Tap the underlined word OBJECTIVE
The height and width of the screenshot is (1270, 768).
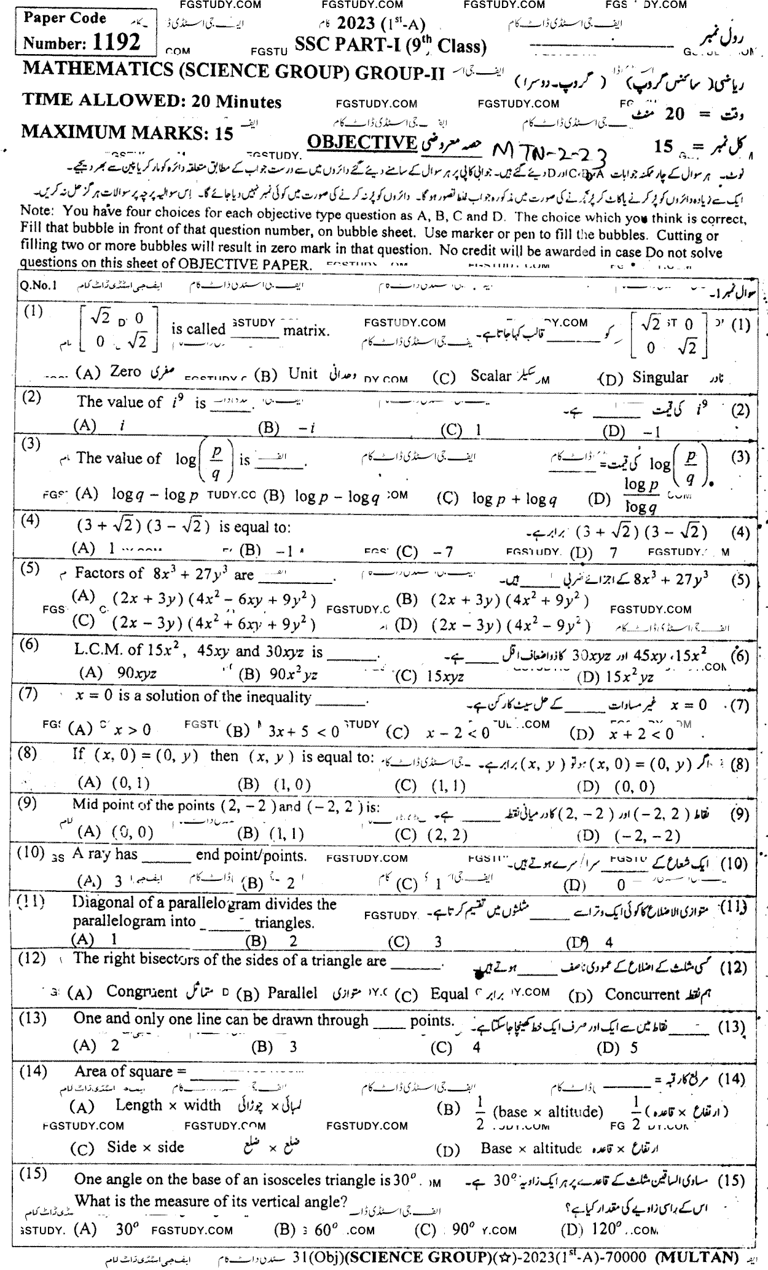click(361, 142)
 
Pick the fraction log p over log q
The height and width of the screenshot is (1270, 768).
click(641, 495)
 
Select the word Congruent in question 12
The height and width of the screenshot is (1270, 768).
click(141, 992)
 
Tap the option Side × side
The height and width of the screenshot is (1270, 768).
click(145, 1146)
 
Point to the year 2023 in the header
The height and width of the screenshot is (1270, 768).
click(356, 23)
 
